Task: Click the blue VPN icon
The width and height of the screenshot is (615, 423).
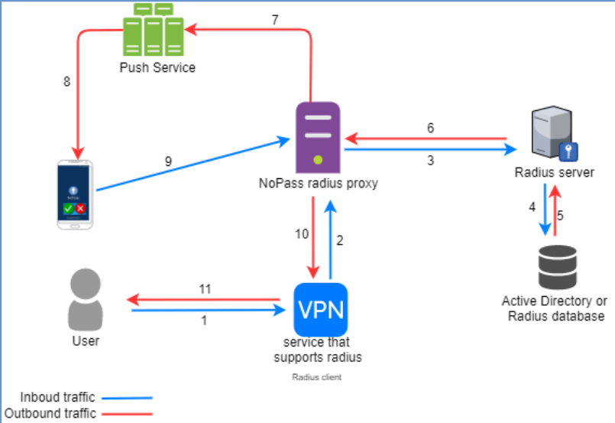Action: tap(320, 309)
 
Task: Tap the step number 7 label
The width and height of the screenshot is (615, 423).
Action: tap(274, 19)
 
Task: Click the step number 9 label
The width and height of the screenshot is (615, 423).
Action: tap(168, 161)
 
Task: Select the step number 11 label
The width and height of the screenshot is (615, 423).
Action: tap(204, 288)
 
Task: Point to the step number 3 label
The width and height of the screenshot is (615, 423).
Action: tap(430, 161)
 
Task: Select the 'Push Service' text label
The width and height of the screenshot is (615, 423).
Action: tap(157, 67)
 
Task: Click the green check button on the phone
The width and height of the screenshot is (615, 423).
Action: tap(69, 208)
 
